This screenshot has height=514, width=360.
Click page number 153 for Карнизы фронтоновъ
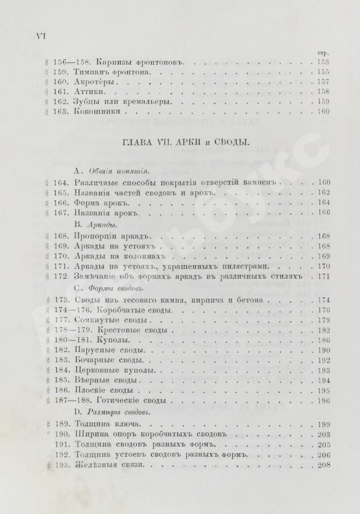pos(322,62)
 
